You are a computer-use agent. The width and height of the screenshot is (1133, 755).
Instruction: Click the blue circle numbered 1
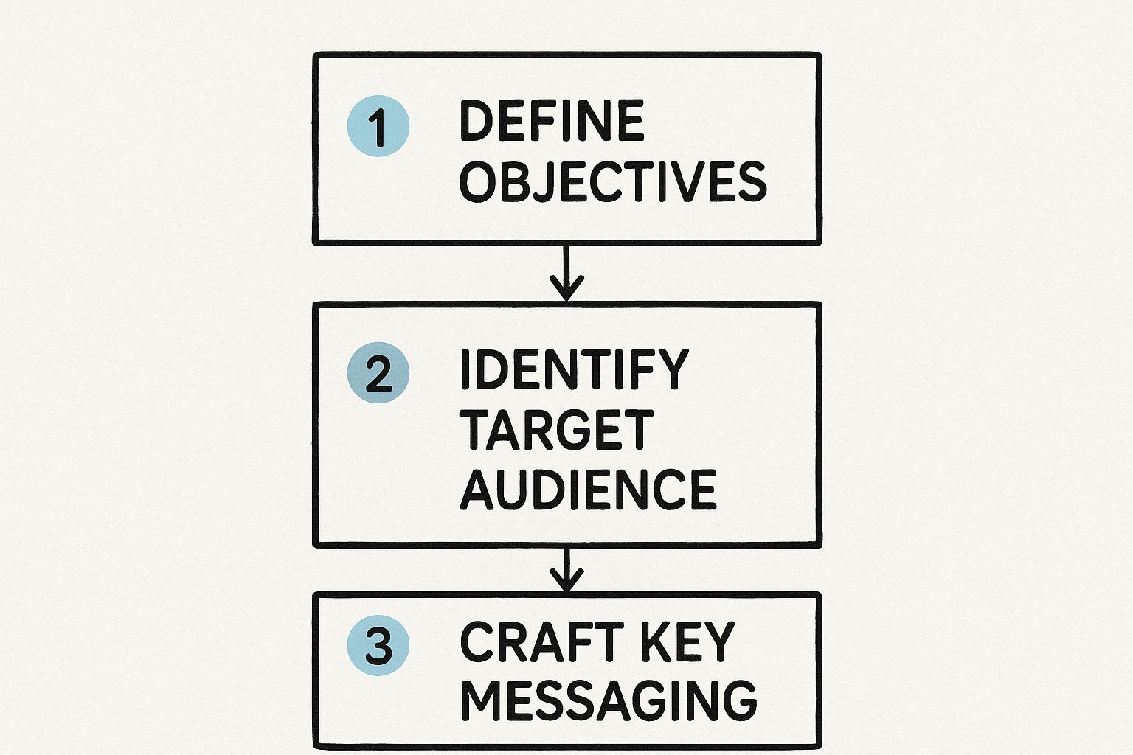point(378,126)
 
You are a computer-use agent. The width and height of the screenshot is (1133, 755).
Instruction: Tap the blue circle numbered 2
point(378,373)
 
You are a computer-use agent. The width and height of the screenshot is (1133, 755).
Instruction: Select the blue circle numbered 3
point(378,646)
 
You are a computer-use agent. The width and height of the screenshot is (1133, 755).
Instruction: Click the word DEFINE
point(552,121)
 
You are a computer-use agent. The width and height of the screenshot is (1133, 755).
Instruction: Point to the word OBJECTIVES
point(613,181)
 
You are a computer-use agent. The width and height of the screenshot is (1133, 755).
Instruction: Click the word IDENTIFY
point(574,369)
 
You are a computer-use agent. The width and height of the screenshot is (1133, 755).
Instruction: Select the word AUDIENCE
point(589,490)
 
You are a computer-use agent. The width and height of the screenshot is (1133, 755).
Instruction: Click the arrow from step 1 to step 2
point(566,272)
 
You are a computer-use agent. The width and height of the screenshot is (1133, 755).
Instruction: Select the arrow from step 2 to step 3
point(566,569)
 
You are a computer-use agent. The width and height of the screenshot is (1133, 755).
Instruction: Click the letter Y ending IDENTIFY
point(673,369)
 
